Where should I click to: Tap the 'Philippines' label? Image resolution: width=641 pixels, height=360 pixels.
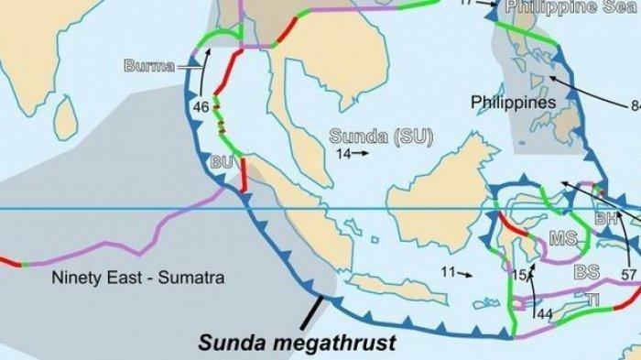click(515, 102)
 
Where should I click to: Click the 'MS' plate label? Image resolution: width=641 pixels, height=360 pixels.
click(561, 239)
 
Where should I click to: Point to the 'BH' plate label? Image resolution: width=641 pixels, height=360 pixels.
click(605, 219)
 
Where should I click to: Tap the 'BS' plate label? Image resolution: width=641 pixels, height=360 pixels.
click(586, 272)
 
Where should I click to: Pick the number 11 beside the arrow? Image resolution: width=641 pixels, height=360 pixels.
click(447, 272)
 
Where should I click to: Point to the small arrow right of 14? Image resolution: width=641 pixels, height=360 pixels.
click(362, 154)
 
